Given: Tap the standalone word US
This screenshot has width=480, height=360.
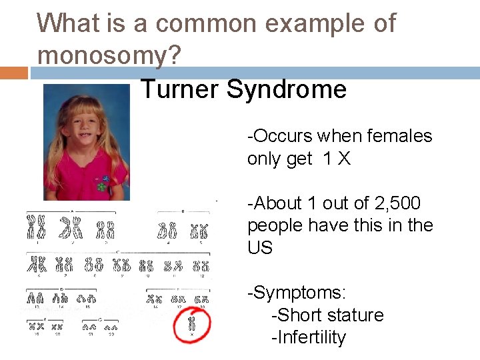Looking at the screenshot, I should pyautogui.click(x=260, y=248).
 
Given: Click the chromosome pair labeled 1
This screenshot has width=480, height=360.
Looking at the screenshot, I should pyautogui.click(x=35, y=227).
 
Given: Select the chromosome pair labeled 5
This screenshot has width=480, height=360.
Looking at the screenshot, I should pyautogui.click(x=199, y=231).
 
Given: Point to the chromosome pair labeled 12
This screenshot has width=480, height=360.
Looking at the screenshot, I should pyautogui.click(x=201, y=265).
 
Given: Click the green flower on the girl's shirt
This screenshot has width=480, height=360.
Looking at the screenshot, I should pyautogui.click(x=101, y=186).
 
